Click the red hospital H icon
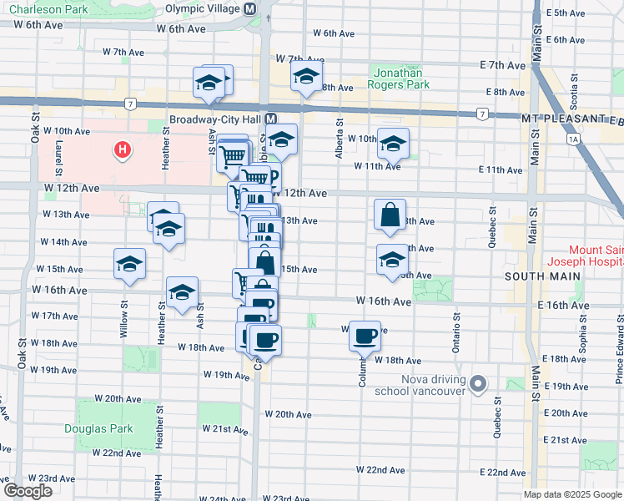123,151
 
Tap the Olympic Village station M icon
250,8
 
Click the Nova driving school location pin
477,384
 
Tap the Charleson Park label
33,9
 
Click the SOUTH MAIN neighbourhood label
536,275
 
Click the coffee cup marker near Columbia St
365,336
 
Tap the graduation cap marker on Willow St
129,264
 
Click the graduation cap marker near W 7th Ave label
306,78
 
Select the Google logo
27,491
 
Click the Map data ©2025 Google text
572,494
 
